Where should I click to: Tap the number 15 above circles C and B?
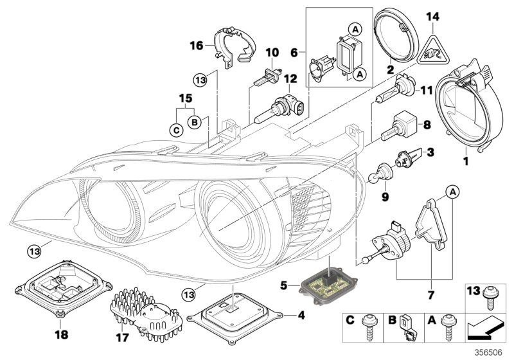point(184,98)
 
